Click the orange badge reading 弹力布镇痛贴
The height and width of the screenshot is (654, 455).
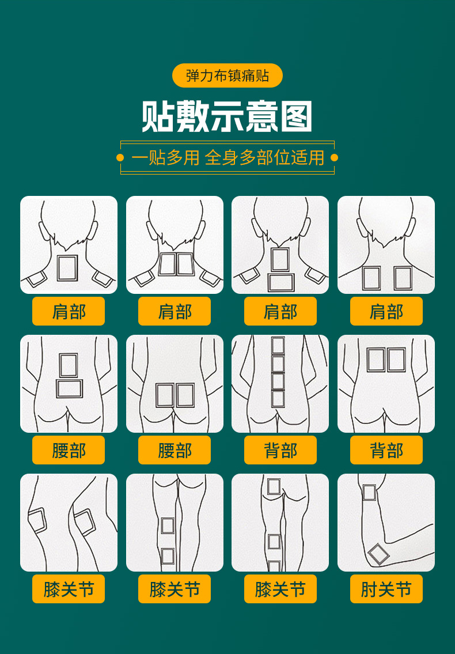(227, 75)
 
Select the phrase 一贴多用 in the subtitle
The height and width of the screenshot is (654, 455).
(165, 157)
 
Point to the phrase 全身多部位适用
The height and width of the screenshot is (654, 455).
(264, 157)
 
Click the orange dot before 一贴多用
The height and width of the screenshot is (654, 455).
(120, 157)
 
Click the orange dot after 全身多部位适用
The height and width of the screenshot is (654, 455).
(334, 157)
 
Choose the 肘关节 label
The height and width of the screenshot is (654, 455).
(386, 589)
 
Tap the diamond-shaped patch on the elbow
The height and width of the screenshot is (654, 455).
(378, 554)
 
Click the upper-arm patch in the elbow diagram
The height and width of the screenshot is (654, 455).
(369, 493)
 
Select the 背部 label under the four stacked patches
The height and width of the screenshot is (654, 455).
(280, 450)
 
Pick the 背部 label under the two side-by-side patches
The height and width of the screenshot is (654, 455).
(386, 450)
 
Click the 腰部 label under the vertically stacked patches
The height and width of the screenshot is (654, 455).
(69, 450)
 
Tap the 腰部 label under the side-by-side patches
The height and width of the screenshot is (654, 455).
(175, 450)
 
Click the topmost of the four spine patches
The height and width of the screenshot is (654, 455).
(278, 345)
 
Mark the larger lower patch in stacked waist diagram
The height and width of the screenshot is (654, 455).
(70, 388)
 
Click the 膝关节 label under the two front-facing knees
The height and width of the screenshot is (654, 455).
(69, 589)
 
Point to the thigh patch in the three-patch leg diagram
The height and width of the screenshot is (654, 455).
(274, 487)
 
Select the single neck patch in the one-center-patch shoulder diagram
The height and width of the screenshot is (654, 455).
(67, 268)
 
